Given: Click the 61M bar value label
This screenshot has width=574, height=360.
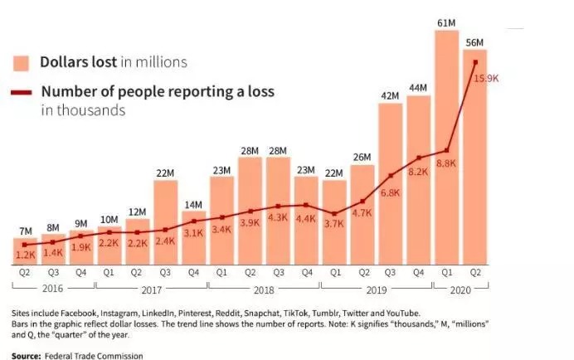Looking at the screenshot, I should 446,22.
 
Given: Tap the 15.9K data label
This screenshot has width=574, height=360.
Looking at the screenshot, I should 485,78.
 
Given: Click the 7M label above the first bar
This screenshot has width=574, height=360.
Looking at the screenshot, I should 25,230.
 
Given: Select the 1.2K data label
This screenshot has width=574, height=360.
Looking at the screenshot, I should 25,255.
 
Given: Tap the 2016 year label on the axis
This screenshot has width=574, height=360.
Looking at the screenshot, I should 52,289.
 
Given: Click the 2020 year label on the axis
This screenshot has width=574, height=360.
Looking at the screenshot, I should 460,289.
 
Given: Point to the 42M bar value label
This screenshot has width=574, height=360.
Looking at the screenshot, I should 390,96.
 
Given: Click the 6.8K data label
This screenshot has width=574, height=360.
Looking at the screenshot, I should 390,192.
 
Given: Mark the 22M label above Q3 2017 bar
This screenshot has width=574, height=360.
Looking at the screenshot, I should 165,173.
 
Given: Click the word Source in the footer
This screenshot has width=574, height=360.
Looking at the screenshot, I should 26,355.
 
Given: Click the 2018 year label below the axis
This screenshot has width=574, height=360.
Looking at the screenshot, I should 264,289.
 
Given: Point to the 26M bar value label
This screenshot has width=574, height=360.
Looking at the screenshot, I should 362,157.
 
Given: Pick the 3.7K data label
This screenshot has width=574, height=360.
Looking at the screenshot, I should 333,223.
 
